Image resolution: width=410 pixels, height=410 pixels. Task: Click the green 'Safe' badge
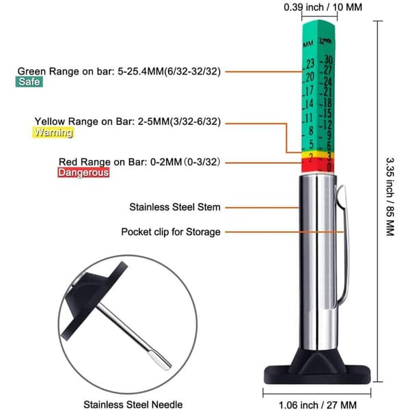[x=29, y=82]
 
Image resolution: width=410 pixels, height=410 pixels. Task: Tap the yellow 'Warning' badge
[x=53, y=133]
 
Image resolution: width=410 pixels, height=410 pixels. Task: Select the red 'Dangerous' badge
[x=83, y=173]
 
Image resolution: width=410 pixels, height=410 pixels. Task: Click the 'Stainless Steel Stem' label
[x=175, y=207]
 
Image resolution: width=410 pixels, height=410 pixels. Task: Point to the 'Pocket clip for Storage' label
[x=171, y=232]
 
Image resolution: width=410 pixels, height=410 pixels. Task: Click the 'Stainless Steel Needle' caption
[x=133, y=405]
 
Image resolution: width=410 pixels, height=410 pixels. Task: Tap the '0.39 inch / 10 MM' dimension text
[x=323, y=7]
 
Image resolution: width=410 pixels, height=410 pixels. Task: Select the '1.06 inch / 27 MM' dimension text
[x=318, y=405]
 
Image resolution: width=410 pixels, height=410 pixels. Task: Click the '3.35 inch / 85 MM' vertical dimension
[x=390, y=197]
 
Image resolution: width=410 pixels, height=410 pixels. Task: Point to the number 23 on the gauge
[x=310, y=64]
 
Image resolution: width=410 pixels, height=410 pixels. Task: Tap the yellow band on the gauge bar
[x=318, y=154]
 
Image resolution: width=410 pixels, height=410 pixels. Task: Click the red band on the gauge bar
[x=318, y=165]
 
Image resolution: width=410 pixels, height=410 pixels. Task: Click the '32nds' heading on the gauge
[x=325, y=41]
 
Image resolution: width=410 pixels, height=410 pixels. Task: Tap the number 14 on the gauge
[x=310, y=104]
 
